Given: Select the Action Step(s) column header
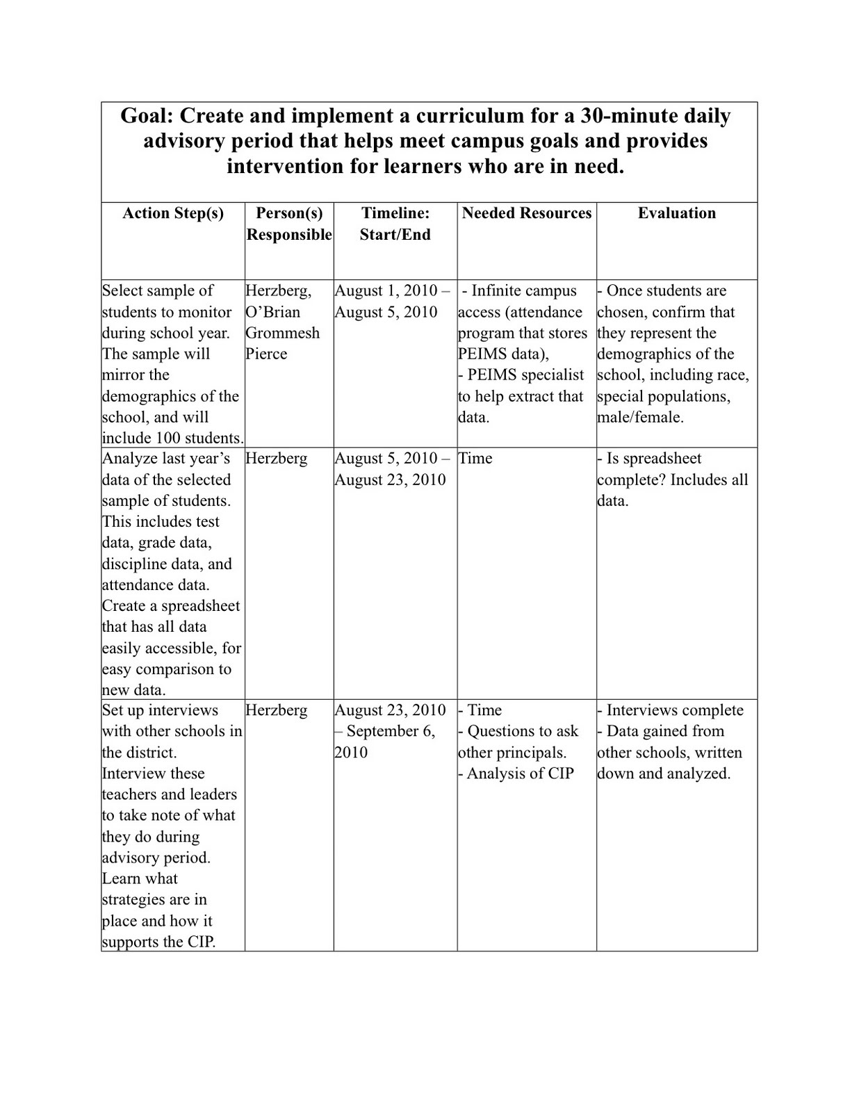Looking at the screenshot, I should (173, 213).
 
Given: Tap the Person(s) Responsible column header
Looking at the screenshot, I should (289, 224).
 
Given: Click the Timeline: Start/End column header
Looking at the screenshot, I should (395, 224).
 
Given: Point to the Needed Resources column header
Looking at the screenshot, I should (527, 213).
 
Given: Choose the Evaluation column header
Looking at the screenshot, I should (677, 213).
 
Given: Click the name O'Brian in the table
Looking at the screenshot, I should (273, 312).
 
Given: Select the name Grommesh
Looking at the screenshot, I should (283, 333).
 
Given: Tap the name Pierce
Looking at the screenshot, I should (266, 354).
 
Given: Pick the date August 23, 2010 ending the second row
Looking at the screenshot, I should (391, 480).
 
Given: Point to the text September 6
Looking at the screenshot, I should (391, 731).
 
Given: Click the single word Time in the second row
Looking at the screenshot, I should (475, 459).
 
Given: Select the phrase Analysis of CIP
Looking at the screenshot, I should (520, 774).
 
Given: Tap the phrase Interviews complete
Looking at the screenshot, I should (675, 710).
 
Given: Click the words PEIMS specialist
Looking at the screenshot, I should (525, 375).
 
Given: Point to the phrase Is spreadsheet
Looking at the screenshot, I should (654, 459).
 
